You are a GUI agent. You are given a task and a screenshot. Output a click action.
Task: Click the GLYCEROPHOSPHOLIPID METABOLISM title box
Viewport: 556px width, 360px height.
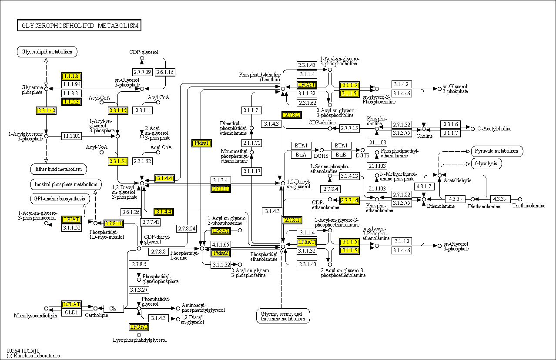[79, 26]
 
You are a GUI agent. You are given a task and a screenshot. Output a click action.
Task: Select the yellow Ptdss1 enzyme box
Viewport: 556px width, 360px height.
[201, 143]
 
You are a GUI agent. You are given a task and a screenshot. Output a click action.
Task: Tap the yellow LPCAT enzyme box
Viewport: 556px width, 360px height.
[307, 85]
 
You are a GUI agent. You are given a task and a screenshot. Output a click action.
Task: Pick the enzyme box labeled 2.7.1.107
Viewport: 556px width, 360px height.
[221, 189]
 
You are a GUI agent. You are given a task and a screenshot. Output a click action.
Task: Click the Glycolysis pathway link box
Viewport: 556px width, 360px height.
[486, 164]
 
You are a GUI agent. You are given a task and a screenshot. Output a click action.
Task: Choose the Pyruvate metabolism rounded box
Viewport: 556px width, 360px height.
[497, 151]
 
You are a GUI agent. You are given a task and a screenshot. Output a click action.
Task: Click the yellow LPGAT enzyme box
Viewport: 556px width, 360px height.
[139, 327]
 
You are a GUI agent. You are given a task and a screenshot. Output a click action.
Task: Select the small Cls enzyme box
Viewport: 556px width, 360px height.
[113, 309]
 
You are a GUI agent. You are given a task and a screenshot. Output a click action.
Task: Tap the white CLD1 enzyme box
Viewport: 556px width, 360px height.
[71, 313]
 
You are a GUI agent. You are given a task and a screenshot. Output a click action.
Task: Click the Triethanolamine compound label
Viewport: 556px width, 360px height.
[528, 206]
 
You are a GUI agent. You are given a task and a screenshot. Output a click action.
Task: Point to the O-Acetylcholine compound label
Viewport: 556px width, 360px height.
[494, 129]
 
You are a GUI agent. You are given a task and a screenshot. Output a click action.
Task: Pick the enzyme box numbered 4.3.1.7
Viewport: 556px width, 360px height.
[424, 187]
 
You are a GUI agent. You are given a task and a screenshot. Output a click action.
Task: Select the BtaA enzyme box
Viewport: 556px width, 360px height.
[301, 154]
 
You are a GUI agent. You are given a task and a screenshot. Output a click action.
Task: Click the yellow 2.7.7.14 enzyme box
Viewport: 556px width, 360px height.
[349, 200]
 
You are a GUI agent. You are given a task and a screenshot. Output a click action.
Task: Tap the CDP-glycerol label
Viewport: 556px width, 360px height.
[144, 52]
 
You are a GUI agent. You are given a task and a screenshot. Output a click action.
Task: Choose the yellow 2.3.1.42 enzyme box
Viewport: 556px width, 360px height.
[47, 110]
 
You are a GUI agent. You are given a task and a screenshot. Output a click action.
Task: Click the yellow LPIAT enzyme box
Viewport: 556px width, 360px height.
[71, 219]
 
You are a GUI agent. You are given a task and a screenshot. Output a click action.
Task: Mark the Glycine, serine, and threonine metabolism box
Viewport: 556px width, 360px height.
[283, 316]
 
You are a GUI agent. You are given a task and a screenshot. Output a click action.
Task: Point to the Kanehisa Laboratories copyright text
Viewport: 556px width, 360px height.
[33, 356]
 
